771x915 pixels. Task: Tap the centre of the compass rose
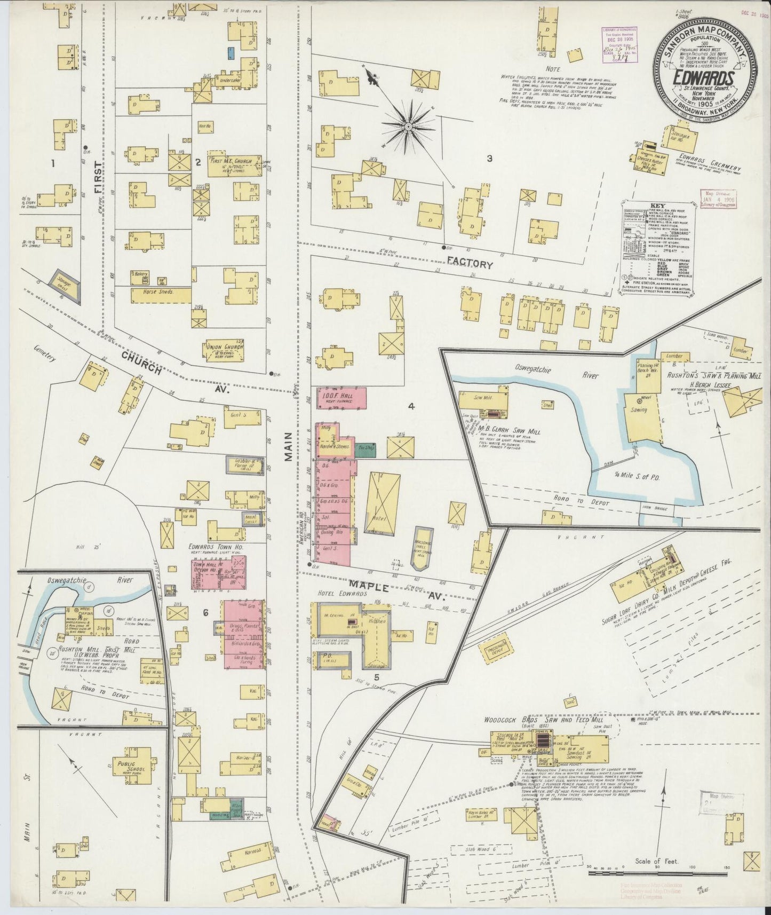[x=408, y=127]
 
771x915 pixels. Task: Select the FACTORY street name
[x=470, y=264]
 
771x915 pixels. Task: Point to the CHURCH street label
[x=140, y=364]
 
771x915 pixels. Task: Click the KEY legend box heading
[x=657, y=204]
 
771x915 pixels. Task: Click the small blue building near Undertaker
[x=231, y=53]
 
